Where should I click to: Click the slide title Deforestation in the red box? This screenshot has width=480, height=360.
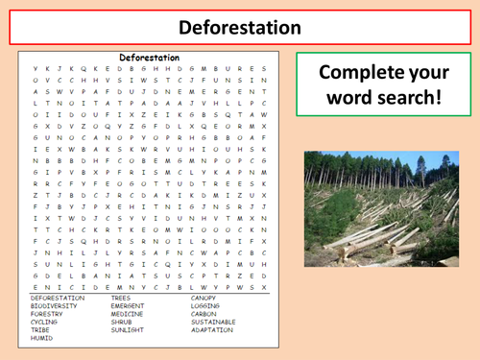239,27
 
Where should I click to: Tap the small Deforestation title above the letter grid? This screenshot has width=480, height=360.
149,58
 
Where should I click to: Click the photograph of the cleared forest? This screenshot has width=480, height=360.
381,205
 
